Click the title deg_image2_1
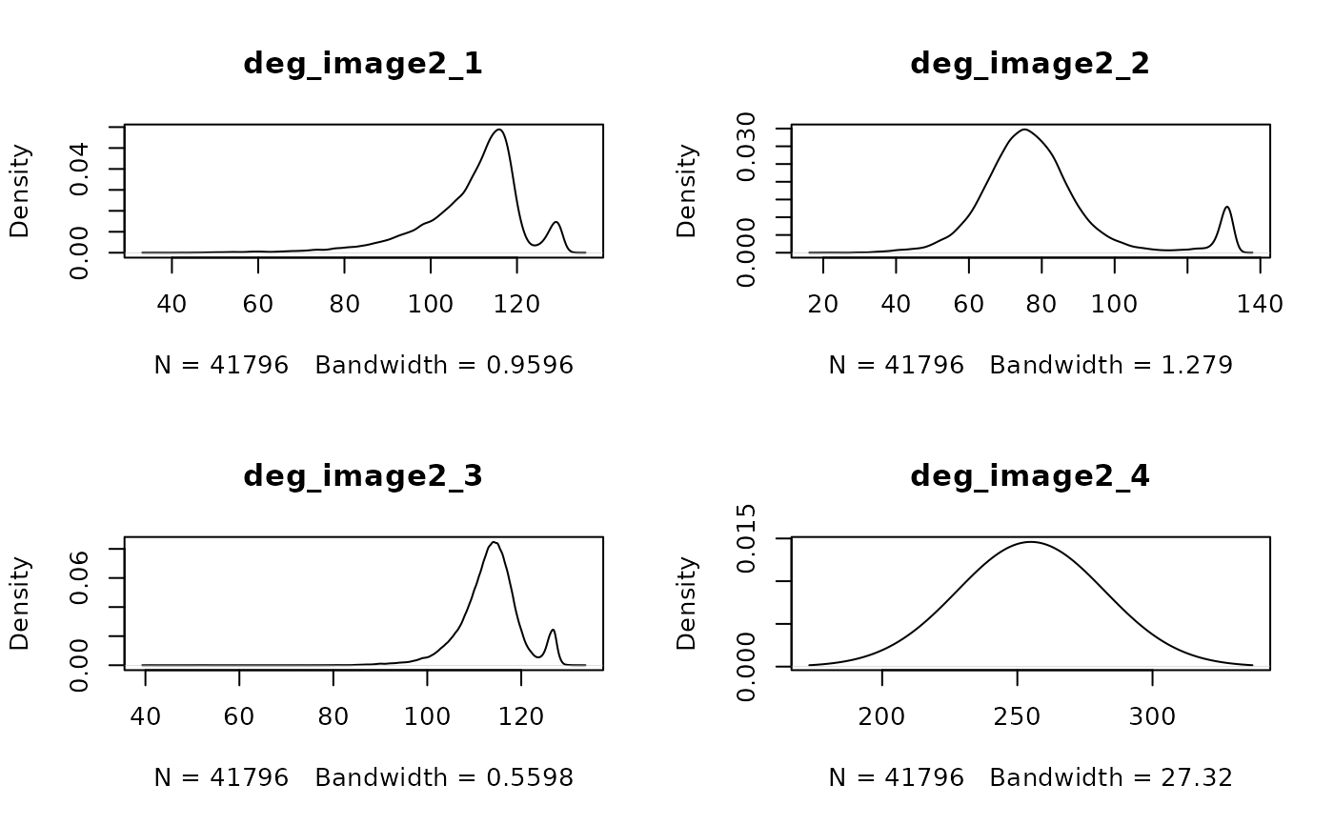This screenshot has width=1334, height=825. pyautogui.click(x=363, y=64)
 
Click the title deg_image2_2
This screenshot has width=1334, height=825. pyautogui.click(x=1030, y=64)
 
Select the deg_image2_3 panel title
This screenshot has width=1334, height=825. pyautogui.click(x=363, y=475)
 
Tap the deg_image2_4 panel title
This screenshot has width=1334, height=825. pyautogui.click(x=1030, y=475)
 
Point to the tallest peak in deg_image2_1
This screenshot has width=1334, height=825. pyautogui.click(x=498, y=130)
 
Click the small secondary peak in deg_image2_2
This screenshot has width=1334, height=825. pyautogui.click(x=1227, y=207)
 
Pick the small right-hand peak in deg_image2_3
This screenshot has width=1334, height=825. pyautogui.click(x=552, y=630)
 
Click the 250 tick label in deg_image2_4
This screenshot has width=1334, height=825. pyautogui.click(x=1018, y=716)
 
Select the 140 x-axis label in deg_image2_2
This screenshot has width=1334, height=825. pyautogui.click(x=1260, y=305)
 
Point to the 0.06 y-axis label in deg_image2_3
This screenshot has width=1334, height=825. pyautogui.click(x=81, y=577)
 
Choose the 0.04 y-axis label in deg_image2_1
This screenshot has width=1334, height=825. pyautogui.click(x=81, y=169)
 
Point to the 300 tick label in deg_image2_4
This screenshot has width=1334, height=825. pyautogui.click(x=1153, y=716)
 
